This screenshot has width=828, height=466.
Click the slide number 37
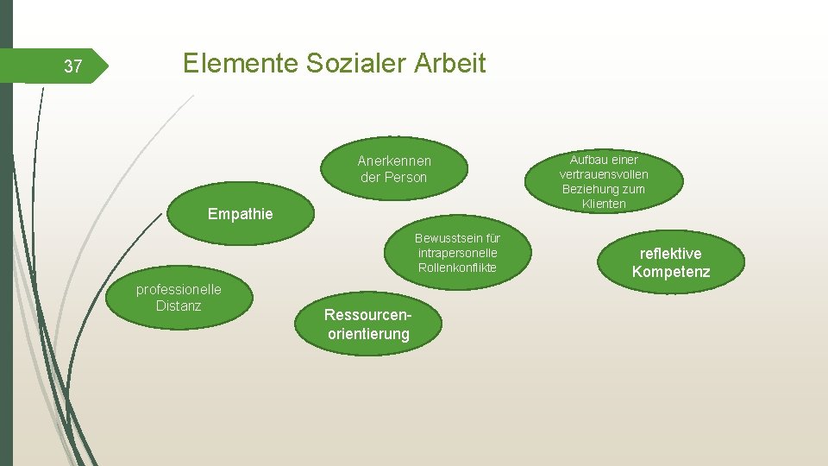tap(74, 66)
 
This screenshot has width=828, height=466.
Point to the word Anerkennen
tap(394, 161)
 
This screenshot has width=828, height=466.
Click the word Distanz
tap(179, 305)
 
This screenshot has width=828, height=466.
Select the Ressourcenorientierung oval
tap(367, 324)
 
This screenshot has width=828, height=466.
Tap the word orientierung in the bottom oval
tap(368, 334)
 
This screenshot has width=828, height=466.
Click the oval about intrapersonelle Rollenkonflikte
tap(457, 253)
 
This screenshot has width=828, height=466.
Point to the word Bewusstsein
tap(457, 238)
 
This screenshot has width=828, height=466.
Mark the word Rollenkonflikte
tap(457, 268)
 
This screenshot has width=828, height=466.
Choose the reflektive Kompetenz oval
tap(670, 263)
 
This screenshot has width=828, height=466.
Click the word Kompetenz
tap(671, 273)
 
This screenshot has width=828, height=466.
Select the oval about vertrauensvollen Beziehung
tap(604, 182)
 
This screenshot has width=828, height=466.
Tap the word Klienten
tap(604, 204)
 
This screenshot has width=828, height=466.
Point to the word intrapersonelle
tap(457, 253)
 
